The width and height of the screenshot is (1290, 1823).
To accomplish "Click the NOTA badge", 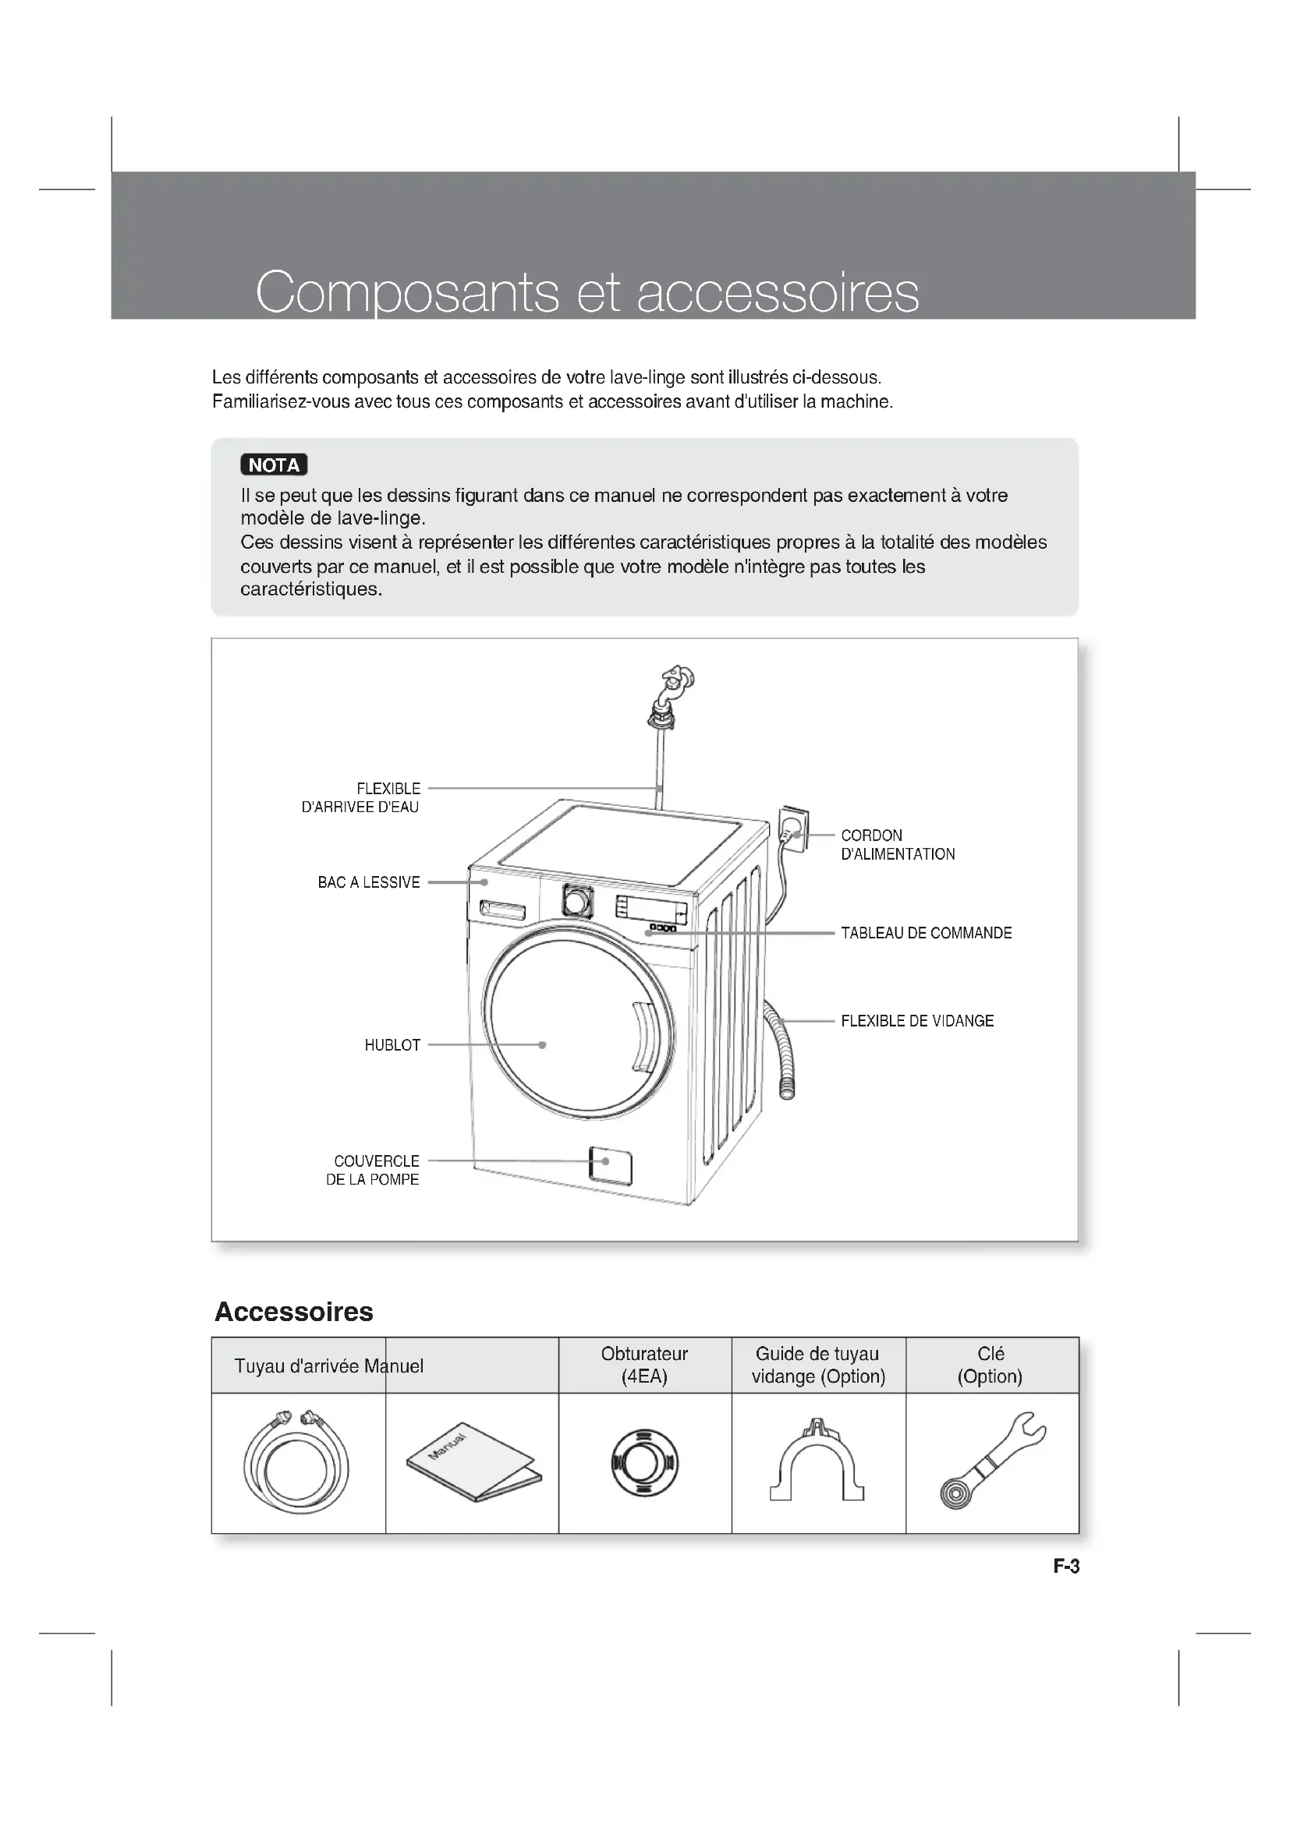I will pos(273,465).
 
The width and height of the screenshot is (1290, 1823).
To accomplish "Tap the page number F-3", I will pos(1066,1567).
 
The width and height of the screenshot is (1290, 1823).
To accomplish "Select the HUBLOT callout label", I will pos(392,1046).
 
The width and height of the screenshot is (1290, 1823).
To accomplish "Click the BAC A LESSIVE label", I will pos(369,882).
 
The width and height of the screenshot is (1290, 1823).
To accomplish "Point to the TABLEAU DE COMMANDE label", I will pos(926,933).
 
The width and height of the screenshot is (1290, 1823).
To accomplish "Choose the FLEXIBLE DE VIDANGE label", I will pos(916,1021).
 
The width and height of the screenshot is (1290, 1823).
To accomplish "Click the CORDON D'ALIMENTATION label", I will pos(897,845).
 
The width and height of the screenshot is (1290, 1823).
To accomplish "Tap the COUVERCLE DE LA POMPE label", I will pos(373,1171).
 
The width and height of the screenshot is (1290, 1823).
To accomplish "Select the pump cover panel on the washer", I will pos(610,1164).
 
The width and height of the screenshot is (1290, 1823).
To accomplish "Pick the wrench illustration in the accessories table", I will pos(992,1460).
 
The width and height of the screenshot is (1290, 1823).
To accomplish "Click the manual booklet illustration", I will pos(473,1461).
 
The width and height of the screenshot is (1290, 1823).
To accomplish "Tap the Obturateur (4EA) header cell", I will pos(644,1365).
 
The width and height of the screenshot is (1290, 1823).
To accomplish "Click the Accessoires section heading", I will pos(294,1312).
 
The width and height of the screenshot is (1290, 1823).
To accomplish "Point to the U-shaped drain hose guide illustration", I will pos(817,1460).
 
